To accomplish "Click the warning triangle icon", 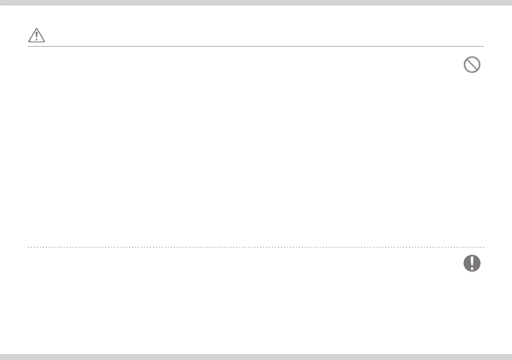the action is (36, 35).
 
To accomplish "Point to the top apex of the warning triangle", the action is (36, 28).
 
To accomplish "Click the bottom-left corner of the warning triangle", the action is (28, 41).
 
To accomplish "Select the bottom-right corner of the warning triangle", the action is (44, 41).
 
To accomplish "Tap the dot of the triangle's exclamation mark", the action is (36, 39).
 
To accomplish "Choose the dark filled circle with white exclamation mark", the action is (472, 263).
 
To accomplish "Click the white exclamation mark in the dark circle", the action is (472, 262).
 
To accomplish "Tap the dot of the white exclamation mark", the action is (472, 268).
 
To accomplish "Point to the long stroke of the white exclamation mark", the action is (472, 260).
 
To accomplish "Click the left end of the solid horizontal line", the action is (28, 47).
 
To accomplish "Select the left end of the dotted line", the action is (28, 246).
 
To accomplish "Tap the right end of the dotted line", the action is (484, 246).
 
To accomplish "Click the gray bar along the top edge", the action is (256, 2).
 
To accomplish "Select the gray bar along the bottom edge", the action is (256, 357).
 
